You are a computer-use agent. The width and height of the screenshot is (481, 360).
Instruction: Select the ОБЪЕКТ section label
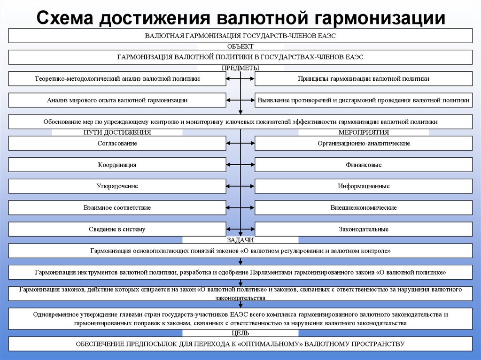pyautogui.click(x=240, y=46)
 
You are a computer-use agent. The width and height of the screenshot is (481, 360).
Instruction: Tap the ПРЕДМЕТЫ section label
pyautogui.click(x=240, y=68)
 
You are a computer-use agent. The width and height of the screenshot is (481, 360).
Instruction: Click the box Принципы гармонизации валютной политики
pyautogui.click(x=364, y=79)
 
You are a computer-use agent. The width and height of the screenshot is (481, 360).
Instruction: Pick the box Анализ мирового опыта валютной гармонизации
pyautogui.click(x=117, y=100)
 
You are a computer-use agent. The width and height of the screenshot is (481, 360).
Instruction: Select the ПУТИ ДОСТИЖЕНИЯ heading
pyautogui.click(x=117, y=132)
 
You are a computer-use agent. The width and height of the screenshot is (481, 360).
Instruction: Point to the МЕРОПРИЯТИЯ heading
pyautogui.click(x=364, y=132)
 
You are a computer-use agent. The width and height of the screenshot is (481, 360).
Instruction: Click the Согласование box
pyautogui.click(x=117, y=143)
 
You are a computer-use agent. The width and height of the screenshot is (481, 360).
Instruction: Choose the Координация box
pyautogui.click(x=117, y=165)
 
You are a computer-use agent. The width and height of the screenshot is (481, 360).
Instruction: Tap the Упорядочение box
pyautogui.click(x=117, y=186)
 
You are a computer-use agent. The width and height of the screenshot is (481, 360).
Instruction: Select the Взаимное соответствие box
pyautogui.click(x=117, y=207)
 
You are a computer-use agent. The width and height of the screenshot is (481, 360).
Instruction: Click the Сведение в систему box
pyautogui.click(x=117, y=229)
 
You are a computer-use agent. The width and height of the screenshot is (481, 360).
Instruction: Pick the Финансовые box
pyautogui.click(x=364, y=165)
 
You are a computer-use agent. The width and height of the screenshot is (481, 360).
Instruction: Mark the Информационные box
pyautogui.click(x=364, y=186)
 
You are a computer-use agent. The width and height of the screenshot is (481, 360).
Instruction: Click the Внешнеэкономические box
pyautogui.click(x=364, y=207)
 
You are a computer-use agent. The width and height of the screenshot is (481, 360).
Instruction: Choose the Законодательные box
pyautogui.click(x=364, y=229)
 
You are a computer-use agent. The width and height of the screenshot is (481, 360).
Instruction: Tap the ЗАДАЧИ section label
pyautogui.click(x=240, y=240)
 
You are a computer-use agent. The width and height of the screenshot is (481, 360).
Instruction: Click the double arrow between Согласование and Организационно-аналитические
pyautogui.click(x=240, y=143)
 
